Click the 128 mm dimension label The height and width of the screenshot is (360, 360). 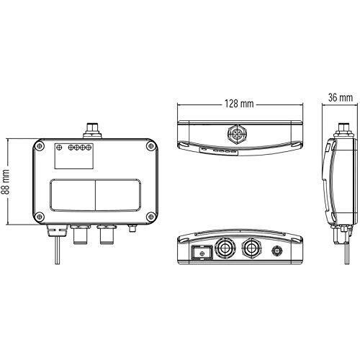click(239, 104)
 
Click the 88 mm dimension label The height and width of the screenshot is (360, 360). click(5, 181)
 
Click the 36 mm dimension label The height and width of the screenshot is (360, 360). click(341, 97)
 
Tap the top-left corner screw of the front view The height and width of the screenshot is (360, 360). click(40, 145)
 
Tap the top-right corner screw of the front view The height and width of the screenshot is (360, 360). click(151, 145)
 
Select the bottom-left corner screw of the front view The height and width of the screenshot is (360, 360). click(40, 217)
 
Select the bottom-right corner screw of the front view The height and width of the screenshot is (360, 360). click(151, 217)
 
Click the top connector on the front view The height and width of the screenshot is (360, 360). click(92, 130)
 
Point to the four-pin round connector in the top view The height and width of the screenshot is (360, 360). click(234, 133)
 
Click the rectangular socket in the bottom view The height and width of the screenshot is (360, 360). click(202, 253)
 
